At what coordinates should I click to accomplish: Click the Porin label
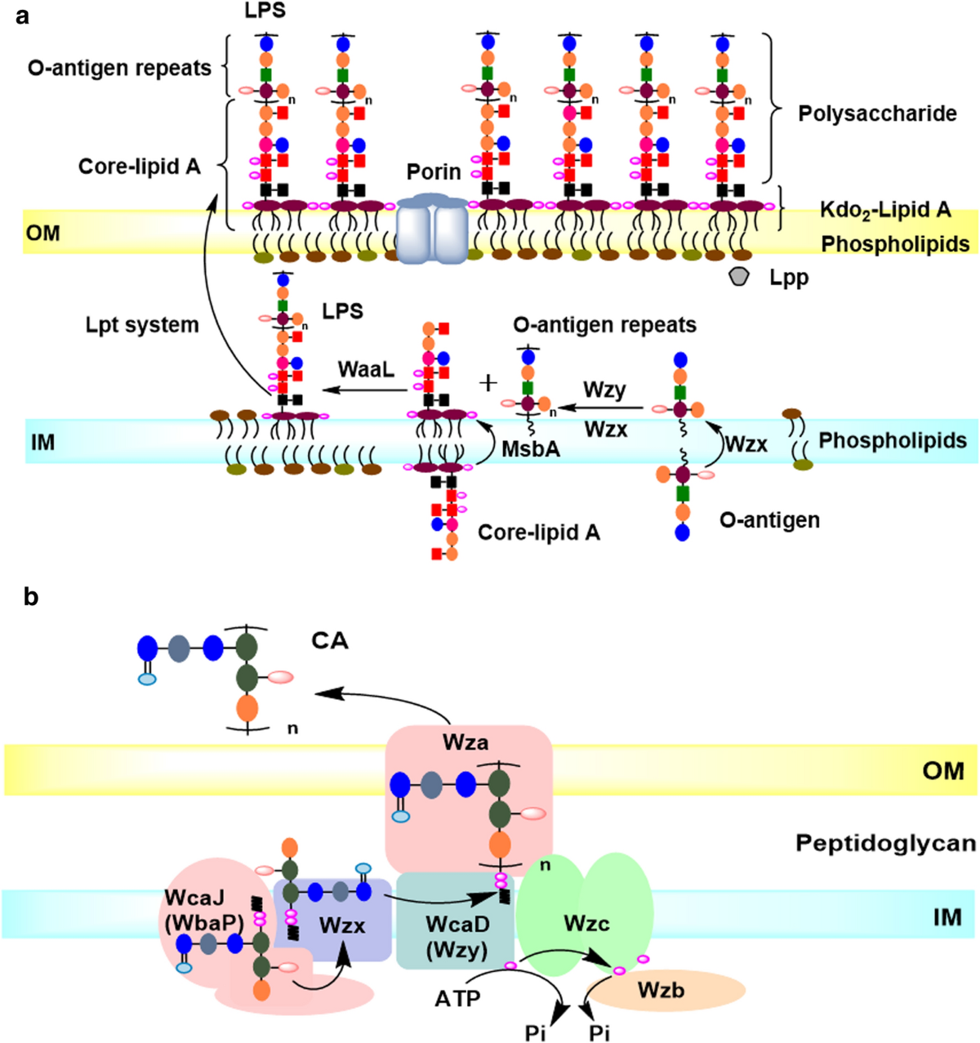pyautogui.click(x=434, y=172)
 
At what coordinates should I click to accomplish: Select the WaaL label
pyautogui.click(x=366, y=369)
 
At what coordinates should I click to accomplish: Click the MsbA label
pyautogui.click(x=531, y=449)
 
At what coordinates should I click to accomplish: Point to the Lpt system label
pyautogui.click(x=142, y=325)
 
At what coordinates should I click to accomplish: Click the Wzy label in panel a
pyautogui.click(x=604, y=391)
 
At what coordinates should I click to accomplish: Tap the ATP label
pyautogui.click(x=457, y=999)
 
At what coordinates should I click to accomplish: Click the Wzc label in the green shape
pyautogui.click(x=586, y=924)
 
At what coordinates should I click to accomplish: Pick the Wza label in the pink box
pyautogui.click(x=465, y=742)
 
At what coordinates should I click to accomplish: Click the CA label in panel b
pyautogui.click(x=330, y=641)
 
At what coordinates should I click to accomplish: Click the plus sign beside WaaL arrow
pyautogui.click(x=488, y=383)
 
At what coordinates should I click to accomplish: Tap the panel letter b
pyautogui.click(x=31, y=597)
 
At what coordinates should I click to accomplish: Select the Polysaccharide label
pyautogui.click(x=878, y=114)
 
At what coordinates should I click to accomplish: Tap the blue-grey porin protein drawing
pyautogui.click(x=432, y=228)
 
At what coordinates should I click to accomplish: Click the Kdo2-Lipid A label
pyautogui.click(x=885, y=210)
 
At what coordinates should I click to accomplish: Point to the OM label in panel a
pyautogui.click(x=42, y=233)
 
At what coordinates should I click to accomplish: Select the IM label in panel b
pyautogui.click(x=947, y=917)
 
